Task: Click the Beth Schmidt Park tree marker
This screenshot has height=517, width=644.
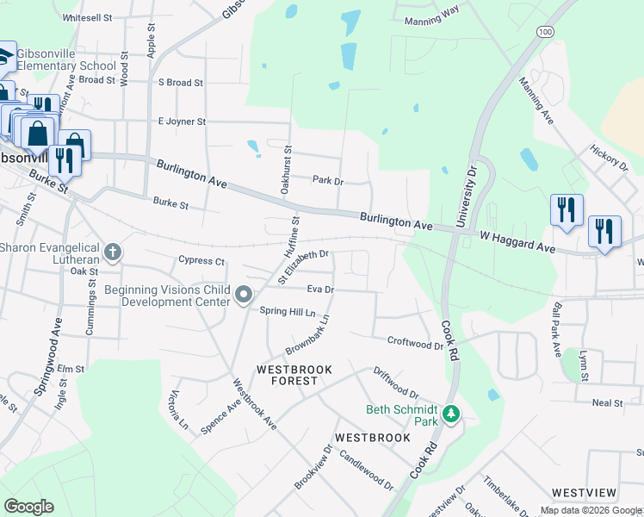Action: pos(450,415)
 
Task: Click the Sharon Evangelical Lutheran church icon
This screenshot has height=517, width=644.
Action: pos(112,252)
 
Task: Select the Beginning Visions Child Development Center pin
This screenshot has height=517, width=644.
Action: pos(244,296)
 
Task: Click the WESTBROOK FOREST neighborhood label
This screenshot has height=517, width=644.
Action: pos(294,375)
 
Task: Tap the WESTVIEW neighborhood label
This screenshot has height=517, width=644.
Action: pos(584,493)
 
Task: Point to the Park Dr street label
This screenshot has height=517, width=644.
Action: pos(327,181)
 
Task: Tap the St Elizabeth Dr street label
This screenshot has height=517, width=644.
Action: pos(303,264)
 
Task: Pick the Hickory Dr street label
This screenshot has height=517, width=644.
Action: pos(609,158)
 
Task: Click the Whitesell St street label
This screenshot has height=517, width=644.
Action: pos(87,17)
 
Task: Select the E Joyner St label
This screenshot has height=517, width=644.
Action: pos(182,121)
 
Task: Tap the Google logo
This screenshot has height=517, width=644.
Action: pos(28,507)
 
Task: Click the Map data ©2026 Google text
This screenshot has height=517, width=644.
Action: pos(591,510)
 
